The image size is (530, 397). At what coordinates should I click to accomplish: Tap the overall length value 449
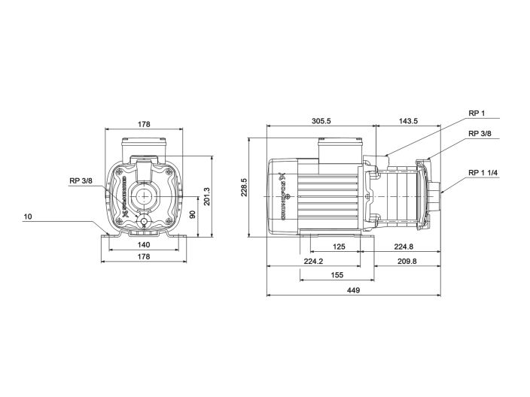point(353,291)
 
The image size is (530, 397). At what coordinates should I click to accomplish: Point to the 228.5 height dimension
point(244,187)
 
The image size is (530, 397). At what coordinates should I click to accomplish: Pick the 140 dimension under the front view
point(143,244)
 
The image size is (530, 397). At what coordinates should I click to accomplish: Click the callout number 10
point(28,217)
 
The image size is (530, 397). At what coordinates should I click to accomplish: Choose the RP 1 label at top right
point(477,114)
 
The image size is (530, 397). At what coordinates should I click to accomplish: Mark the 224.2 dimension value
point(313,262)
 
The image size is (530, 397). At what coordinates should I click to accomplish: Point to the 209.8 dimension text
point(407,262)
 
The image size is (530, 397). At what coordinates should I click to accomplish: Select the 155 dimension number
point(337,276)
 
